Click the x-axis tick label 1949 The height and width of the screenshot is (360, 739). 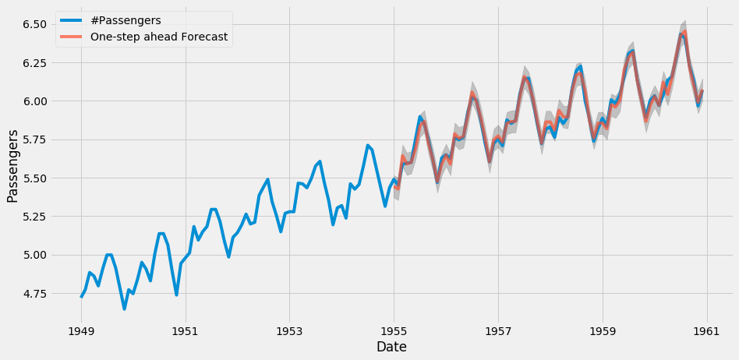(81, 329)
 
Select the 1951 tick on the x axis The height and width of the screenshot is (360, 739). (186, 329)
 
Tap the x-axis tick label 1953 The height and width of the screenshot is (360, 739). (289, 329)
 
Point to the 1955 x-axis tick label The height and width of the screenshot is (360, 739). (394, 329)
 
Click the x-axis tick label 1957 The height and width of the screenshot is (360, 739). (498, 329)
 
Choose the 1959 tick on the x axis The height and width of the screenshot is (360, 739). (602, 329)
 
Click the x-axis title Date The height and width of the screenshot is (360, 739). (391, 347)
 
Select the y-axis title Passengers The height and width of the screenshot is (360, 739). (12, 166)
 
